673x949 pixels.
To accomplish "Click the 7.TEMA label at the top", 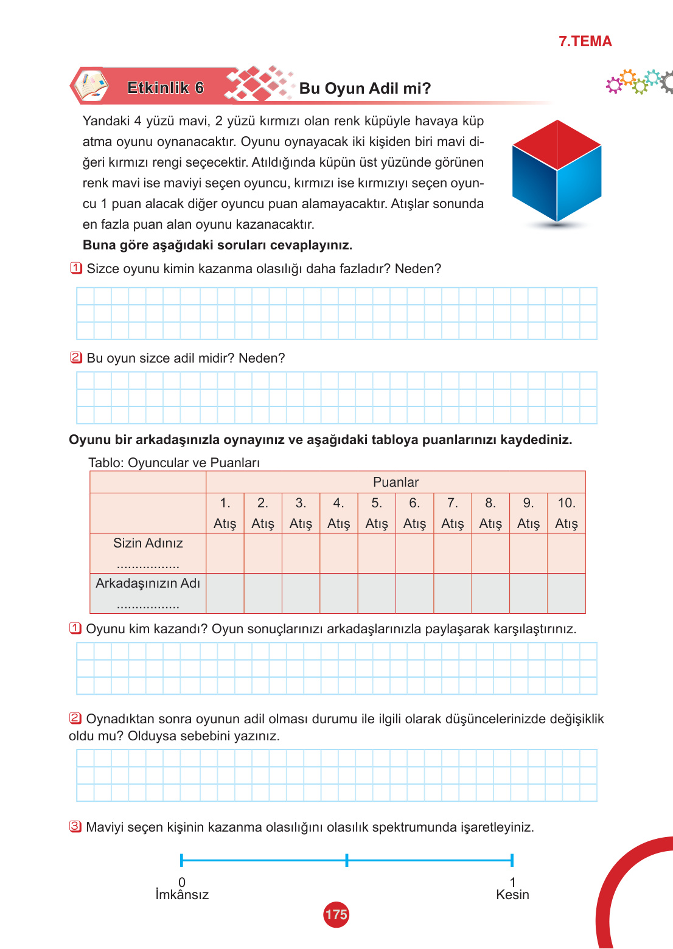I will [585, 41].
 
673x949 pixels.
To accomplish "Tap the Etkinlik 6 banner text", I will [166, 88].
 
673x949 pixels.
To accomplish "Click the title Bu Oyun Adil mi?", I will [364, 89].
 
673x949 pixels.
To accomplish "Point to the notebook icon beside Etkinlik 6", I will [91, 86].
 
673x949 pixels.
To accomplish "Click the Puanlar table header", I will [396, 482].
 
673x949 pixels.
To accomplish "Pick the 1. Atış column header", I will [225, 513].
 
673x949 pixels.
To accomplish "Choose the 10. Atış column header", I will [567, 513].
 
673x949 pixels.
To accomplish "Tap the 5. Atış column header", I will [377, 513].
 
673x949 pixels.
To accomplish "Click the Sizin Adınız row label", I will [148, 543].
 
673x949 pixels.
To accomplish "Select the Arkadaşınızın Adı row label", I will [148, 583].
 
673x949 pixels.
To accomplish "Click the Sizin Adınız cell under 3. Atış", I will [301, 554].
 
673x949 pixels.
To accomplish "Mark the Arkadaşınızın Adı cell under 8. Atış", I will [490, 593].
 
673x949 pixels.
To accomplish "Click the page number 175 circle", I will [336, 914].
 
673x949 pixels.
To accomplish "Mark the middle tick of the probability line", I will [347, 860].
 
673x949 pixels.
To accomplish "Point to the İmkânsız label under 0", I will [182, 895].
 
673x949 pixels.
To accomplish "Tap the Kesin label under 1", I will [512, 895].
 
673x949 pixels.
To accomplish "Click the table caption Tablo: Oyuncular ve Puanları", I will [174, 463].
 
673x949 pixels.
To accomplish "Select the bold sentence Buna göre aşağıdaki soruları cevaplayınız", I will [217, 245].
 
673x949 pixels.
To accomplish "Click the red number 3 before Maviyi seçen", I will [75, 827].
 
